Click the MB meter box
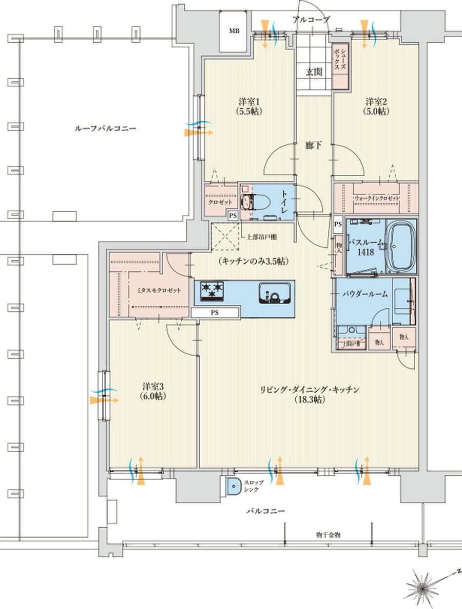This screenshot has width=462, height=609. coord(234,31)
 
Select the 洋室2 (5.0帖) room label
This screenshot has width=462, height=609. coord(376,106)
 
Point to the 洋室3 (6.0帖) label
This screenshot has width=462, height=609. coord(153,391)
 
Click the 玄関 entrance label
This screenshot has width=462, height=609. coord(314,72)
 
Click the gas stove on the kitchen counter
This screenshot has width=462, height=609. coord(210,291)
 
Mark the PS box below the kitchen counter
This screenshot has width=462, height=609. coord(215,312)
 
